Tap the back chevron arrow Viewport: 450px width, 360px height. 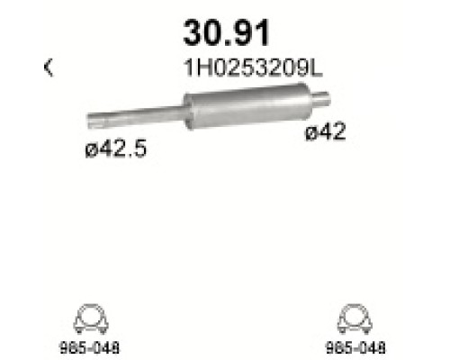pos(48,67)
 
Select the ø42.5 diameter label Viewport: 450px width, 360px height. pos(109,148)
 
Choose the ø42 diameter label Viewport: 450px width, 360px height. pos(325,133)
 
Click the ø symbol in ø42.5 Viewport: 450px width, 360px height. pos(80,149)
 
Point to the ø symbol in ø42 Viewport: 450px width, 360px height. pos(310,133)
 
